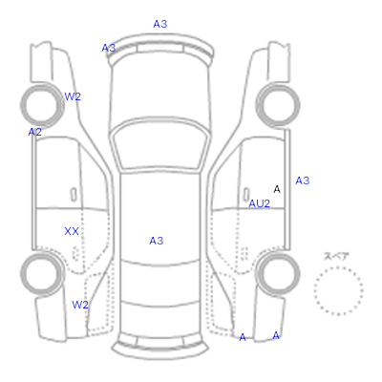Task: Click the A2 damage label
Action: coord(34,132)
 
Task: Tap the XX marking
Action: coord(72,231)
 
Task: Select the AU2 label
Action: coord(259,203)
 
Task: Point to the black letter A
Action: coord(277,189)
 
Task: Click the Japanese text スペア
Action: coord(336,256)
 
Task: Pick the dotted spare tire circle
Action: coord(338,267)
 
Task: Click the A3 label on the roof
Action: coord(157,241)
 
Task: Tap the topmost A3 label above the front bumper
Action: coord(160,24)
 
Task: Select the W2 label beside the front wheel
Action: coord(73,96)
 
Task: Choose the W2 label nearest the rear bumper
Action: coord(80,305)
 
